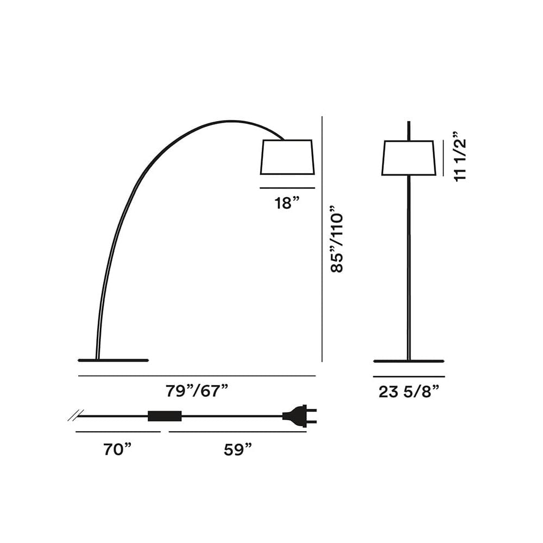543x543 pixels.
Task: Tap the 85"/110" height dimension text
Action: coord(337,239)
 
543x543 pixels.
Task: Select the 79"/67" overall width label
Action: coord(197,390)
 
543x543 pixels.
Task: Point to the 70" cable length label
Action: coord(118,450)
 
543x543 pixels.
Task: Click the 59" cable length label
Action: coord(238,450)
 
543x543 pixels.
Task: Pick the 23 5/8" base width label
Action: coord(408,392)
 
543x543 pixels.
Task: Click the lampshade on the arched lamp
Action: coord(287,157)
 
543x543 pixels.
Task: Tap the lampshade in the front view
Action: coord(409,158)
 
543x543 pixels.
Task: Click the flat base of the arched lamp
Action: coord(113,359)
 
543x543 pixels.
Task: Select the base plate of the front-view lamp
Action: coord(408,361)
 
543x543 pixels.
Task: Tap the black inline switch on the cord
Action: coord(165,416)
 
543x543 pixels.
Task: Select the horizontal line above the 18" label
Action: coord(287,188)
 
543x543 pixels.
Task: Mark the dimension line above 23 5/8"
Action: coord(408,376)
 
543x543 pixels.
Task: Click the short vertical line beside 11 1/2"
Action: coord(444,158)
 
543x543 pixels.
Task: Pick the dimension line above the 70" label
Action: coord(118,432)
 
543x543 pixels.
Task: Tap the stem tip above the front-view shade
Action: coord(408,129)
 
